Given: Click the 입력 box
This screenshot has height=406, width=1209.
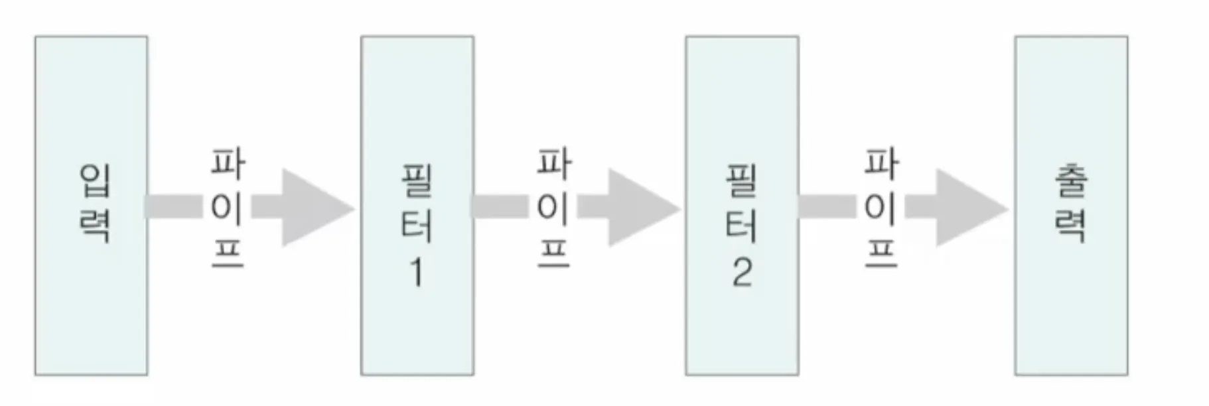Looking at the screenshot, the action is [x=91, y=299].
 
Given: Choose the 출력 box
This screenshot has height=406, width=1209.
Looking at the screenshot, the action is [x=1070, y=299].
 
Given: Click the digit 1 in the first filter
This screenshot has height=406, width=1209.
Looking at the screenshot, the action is [x=417, y=272].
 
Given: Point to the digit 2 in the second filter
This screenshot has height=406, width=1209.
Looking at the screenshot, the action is [x=743, y=272].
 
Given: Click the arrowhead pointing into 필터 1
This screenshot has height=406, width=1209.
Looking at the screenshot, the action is [x=313, y=208].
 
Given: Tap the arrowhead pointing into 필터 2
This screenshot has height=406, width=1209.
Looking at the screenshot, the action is [x=639, y=208].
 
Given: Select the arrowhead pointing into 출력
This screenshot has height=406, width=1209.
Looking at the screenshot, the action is [x=967, y=208].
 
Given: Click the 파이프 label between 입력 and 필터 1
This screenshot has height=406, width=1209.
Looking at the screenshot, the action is [x=228, y=208].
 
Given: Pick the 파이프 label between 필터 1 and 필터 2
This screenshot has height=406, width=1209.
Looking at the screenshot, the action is [x=553, y=208].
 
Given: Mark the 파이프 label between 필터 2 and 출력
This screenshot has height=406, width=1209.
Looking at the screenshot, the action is [x=881, y=208].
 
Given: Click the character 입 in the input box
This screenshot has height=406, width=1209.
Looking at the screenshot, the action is [x=95, y=180].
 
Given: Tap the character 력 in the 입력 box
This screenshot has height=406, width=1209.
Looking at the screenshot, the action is [x=95, y=226].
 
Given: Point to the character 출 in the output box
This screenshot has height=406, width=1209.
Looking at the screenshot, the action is [x=1070, y=180].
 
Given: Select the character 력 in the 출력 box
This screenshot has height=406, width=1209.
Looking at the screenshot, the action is [x=1070, y=226].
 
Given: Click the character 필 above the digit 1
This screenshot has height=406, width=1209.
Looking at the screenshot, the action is [x=417, y=180].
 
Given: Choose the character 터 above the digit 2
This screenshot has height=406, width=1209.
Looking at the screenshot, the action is [x=742, y=226].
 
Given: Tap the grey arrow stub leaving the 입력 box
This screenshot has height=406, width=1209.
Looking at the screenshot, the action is [x=174, y=206].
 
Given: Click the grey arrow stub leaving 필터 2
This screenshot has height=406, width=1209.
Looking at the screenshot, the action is [x=827, y=206].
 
